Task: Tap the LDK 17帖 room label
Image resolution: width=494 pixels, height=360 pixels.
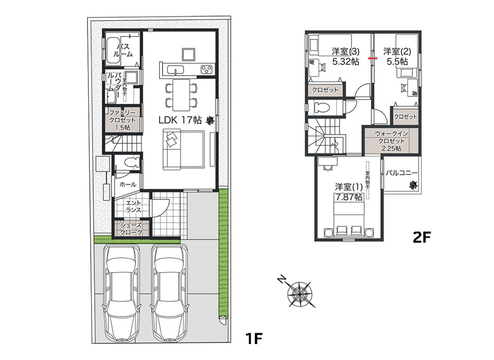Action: click(x=180, y=120)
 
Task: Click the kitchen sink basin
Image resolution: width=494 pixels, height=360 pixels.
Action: click(x=174, y=69)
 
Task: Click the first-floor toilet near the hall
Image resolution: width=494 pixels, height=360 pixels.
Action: click(x=132, y=162)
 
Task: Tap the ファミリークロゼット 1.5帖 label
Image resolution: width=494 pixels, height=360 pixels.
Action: click(x=122, y=120)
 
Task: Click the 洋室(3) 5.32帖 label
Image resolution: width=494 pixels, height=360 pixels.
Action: click(x=346, y=57)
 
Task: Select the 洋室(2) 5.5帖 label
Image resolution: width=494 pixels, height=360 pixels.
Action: click(x=397, y=57)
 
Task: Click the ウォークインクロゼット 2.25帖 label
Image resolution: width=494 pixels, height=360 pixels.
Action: click(x=391, y=141)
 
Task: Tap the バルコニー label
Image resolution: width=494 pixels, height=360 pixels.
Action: click(x=401, y=173)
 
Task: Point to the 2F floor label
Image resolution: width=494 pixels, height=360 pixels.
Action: click(x=421, y=238)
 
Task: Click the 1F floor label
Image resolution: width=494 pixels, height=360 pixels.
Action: click(x=254, y=339)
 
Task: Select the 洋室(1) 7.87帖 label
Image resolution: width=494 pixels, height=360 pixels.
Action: click(x=348, y=192)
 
